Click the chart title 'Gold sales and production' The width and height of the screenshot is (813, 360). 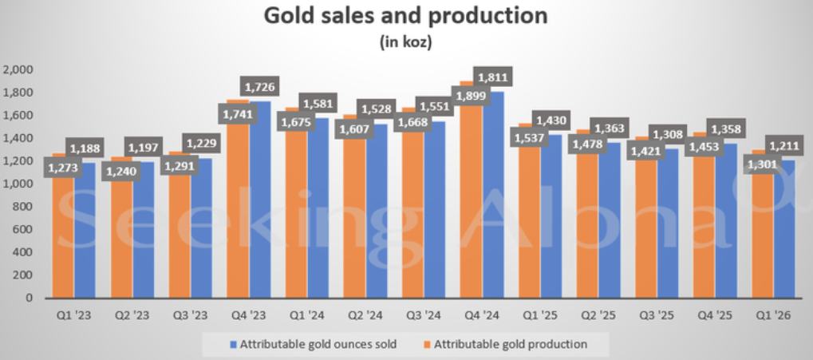pyautogui.click(x=406, y=16)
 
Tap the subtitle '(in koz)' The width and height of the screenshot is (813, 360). pyautogui.click(x=406, y=43)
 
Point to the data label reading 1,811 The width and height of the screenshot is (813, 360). pyautogui.click(x=491, y=77)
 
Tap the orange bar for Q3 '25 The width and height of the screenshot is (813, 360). pyautogui.click(x=645, y=239)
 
